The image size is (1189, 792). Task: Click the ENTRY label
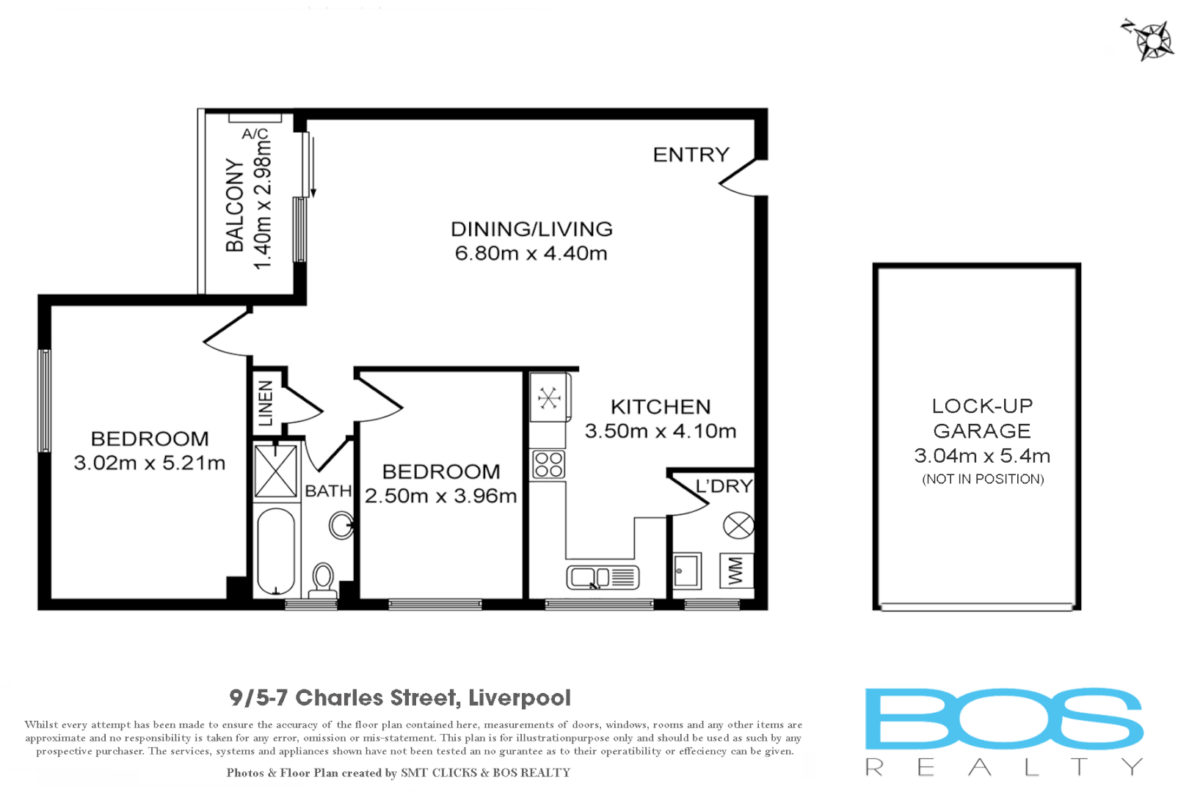tap(691, 155)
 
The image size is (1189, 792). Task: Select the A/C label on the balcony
tap(255, 133)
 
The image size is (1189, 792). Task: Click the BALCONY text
tap(235, 205)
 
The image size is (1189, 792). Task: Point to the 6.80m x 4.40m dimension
tap(531, 254)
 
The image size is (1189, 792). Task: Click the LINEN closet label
tap(266, 403)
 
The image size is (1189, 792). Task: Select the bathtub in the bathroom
tap(276, 550)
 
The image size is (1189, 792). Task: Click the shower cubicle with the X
tap(275, 470)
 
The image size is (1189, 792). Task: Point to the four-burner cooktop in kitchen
tap(549, 464)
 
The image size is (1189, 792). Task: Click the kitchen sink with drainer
tap(603, 577)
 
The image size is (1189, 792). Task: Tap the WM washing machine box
tap(736, 571)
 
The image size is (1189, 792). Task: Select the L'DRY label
tap(724, 486)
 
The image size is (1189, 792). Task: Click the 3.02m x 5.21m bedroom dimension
tap(149, 463)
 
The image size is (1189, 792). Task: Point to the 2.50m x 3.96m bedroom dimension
tap(440, 496)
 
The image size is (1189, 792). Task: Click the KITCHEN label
tap(661, 407)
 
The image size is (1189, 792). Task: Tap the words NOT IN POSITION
tap(983, 479)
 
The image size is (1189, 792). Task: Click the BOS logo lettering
tap(1003, 718)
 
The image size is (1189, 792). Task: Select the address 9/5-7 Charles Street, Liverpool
tap(400, 697)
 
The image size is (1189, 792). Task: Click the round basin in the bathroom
tap(341, 525)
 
